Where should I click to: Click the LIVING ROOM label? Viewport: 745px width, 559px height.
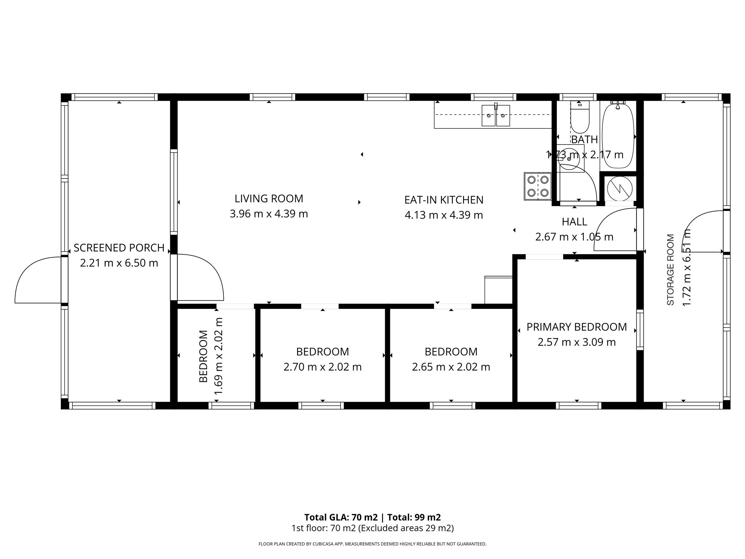click(x=269, y=199)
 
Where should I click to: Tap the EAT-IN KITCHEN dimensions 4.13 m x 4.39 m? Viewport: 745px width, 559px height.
click(x=444, y=215)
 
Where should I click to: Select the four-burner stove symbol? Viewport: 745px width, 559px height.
click(x=538, y=186)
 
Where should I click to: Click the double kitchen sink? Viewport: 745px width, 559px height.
click(x=495, y=115)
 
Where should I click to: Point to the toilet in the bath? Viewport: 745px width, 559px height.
click(x=579, y=117)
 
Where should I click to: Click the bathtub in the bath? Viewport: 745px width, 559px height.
click(x=618, y=135)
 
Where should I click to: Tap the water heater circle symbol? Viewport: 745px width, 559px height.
click(x=620, y=189)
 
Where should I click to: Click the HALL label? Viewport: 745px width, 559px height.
click(x=574, y=222)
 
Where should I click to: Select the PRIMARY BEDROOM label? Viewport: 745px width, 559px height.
click(x=577, y=327)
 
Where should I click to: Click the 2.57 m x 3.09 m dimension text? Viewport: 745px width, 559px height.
click(x=577, y=342)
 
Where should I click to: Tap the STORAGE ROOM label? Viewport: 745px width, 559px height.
click(x=670, y=270)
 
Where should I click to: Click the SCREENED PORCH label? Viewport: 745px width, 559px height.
click(x=119, y=248)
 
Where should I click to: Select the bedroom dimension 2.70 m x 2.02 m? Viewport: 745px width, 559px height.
click(x=322, y=367)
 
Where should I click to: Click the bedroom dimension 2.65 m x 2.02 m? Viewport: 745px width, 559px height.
click(x=451, y=367)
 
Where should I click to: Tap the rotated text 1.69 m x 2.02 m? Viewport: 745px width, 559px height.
click(x=218, y=356)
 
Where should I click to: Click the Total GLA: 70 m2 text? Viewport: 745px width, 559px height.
click(x=341, y=517)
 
